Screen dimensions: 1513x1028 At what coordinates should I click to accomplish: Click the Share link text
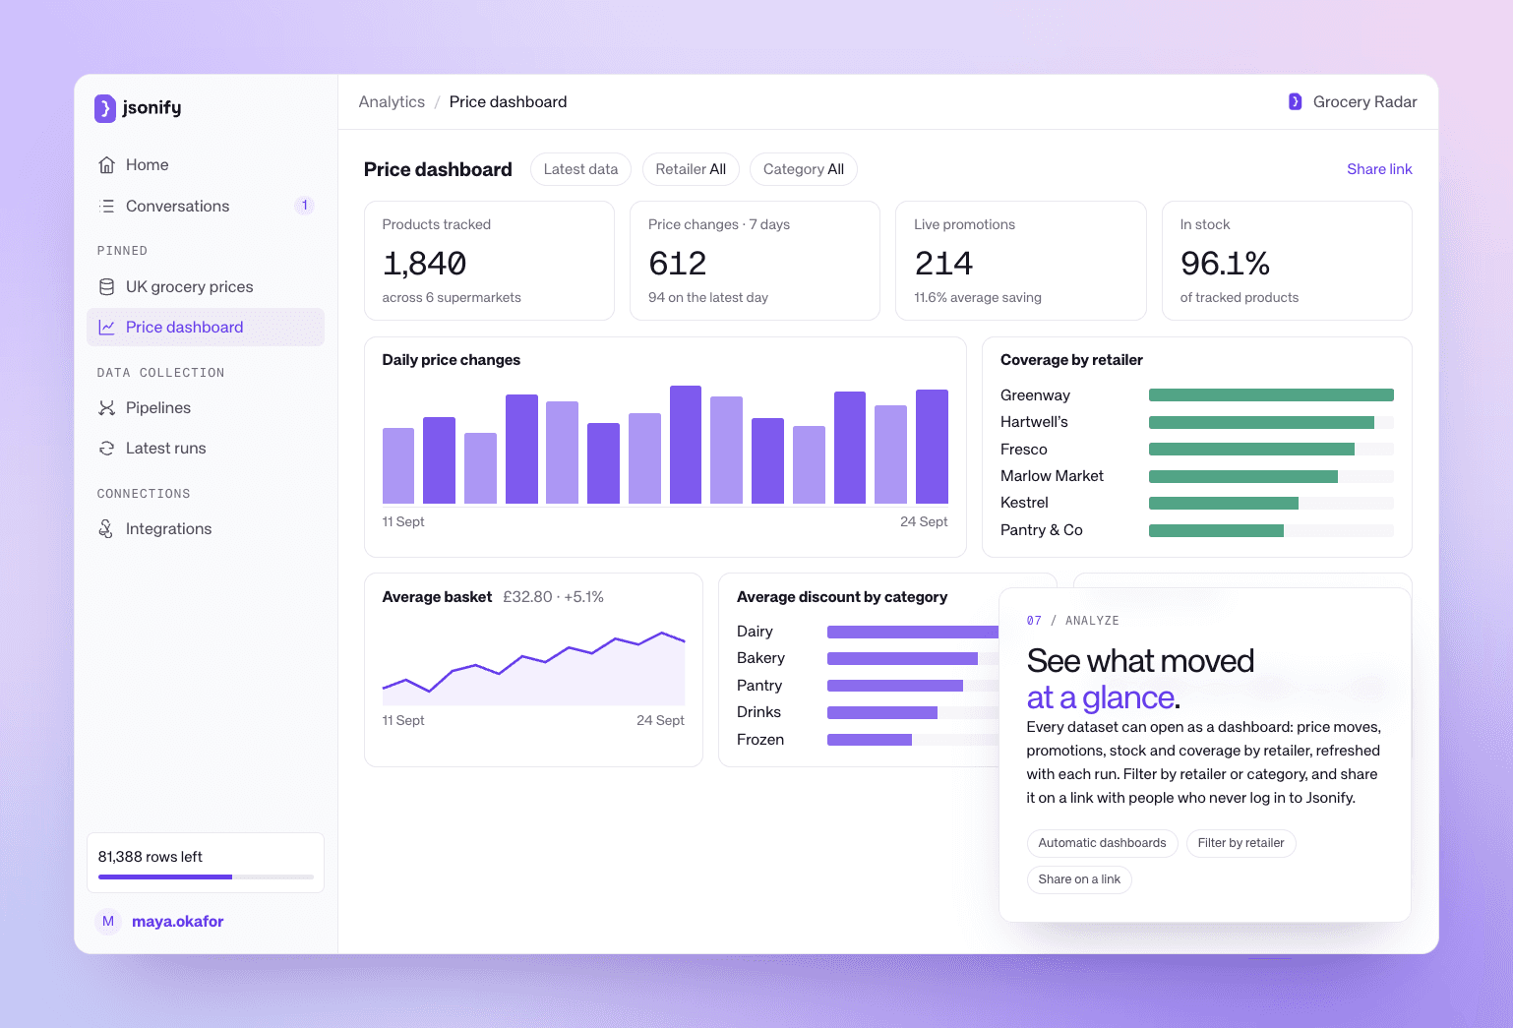1378,169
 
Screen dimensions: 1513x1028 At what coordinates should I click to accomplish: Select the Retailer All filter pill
691,169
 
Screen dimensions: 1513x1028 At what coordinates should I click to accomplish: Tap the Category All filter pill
803,169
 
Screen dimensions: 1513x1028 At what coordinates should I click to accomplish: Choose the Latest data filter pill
580,169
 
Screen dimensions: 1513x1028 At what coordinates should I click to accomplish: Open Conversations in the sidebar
177,206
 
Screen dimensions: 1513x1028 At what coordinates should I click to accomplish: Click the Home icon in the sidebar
106,165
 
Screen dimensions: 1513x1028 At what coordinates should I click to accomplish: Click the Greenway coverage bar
1271,395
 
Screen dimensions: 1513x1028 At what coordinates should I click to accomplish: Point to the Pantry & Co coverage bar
1216,531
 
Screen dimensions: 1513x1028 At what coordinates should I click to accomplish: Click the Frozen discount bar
870,741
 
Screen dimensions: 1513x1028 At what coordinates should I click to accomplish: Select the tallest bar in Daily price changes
685,445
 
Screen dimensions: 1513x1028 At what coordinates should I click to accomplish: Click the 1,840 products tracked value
424,264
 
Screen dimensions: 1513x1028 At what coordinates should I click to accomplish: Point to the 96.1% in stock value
1225,264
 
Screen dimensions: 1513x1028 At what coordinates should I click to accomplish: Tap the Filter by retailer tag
1241,843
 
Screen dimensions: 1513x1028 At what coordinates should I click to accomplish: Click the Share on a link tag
1079,879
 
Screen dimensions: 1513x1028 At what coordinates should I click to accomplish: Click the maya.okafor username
177,922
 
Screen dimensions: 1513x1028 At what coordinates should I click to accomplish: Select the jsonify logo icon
104,108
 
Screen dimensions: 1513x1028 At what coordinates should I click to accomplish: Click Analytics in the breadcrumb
392,102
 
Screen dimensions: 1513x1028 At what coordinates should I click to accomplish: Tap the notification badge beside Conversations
304,206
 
